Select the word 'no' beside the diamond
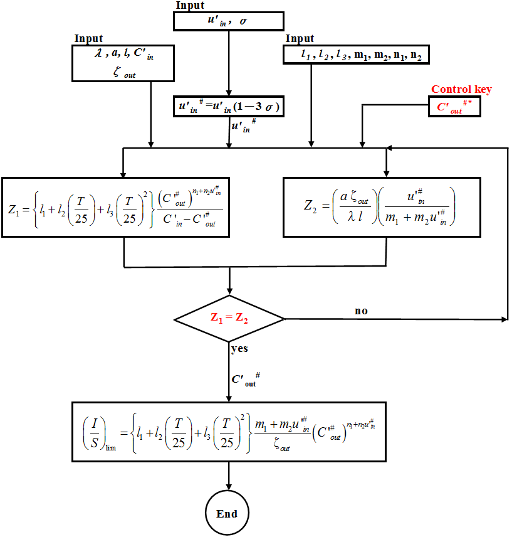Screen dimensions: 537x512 click(361, 311)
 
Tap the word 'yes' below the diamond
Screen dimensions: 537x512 click(239, 348)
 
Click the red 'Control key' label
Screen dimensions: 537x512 click(461, 90)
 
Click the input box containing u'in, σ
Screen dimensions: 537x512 click(229, 22)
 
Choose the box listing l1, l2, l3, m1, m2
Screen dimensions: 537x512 click(357, 56)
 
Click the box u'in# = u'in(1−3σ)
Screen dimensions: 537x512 click(229, 107)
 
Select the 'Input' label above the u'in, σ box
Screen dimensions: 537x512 click(189, 6)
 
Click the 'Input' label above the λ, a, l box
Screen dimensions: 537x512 click(88, 39)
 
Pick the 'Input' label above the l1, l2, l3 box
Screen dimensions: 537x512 click(300, 39)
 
